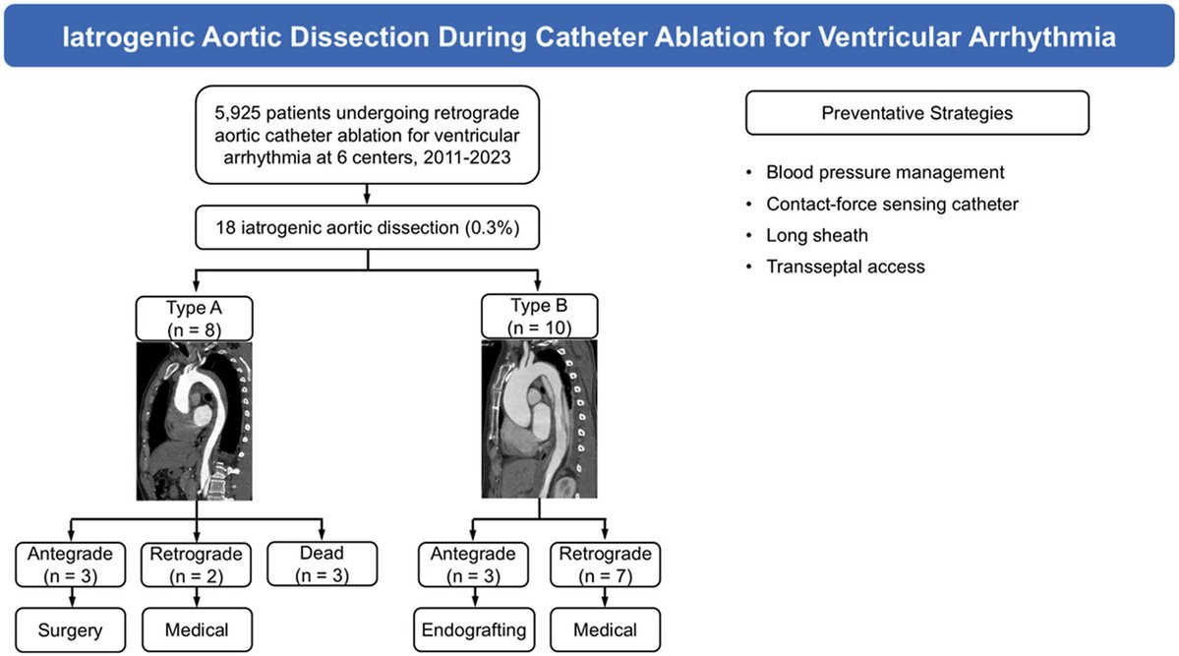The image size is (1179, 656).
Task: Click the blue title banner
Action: click(590, 36)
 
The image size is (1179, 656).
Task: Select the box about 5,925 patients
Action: click(367, 135)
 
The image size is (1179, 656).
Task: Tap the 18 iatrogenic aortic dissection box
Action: click(367, 227)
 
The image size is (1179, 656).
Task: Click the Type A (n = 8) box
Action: click(194, 319)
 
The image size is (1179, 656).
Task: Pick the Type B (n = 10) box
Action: click(539, 317)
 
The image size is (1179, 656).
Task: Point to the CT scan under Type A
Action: click(194, 421)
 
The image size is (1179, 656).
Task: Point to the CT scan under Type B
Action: click(539, 418)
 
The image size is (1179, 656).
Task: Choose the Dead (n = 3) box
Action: click(322, 564)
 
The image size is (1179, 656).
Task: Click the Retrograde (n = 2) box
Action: click(197, 565)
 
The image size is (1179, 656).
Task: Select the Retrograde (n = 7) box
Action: click(606, 565)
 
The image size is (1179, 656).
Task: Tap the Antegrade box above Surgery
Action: click(70, 565)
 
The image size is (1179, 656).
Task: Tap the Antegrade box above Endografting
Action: click(473, 565)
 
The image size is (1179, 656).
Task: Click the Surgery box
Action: click(70, 629)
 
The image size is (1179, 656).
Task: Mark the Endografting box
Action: click(474, 629)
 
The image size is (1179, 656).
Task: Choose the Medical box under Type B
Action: click(606, 629)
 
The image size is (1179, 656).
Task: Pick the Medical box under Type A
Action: click(197, 629)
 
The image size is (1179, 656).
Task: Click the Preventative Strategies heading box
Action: click(917, 113)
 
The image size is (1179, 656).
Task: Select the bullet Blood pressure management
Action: click(885, 172)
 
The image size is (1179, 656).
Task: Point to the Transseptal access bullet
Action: click(845, 267)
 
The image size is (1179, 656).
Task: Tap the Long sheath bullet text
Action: click(816, 235)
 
